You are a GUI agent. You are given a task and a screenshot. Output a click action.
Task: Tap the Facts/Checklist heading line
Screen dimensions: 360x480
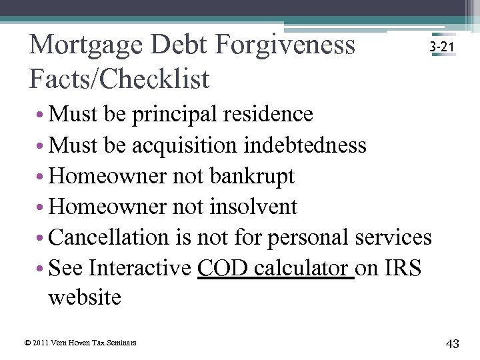point(119,79)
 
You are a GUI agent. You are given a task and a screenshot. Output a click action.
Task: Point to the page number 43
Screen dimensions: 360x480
point(453,343)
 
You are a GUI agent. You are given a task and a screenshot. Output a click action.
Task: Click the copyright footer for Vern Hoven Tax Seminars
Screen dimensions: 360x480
point(80,343)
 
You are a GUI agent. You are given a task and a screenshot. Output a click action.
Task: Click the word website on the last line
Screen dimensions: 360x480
point(85,297)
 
